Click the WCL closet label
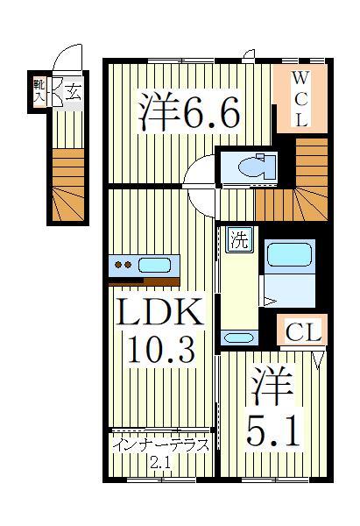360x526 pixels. [x=299, y=98]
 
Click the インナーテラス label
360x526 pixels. [x=161, y=444]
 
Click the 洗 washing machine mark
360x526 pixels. [x=238, y=236]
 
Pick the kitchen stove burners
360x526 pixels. [x=123, y=264]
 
